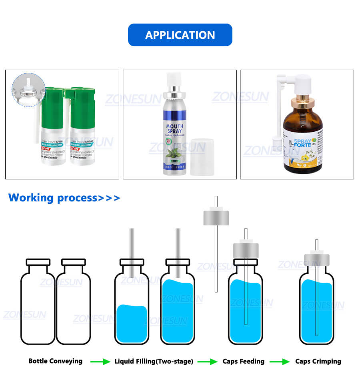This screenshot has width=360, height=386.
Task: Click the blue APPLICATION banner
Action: pos(180,35)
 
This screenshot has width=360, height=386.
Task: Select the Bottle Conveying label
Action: pos(55,361)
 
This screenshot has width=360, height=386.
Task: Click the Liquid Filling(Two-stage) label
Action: pos(154,361)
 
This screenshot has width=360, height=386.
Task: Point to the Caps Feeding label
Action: pos(243,361)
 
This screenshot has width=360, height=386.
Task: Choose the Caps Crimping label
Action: pos(318,361)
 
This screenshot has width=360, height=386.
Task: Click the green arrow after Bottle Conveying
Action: pos(100,362)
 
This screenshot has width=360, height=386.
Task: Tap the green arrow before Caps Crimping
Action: pos(279,362)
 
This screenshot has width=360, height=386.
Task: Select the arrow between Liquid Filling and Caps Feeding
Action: pos(208,362)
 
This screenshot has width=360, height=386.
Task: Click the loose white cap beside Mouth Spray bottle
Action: pos(202,157)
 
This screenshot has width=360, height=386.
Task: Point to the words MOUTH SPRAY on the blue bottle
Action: pos(175,129)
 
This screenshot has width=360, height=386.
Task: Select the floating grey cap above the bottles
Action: pos(216,217)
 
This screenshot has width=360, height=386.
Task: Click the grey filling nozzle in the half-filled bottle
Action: pos(132,252)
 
